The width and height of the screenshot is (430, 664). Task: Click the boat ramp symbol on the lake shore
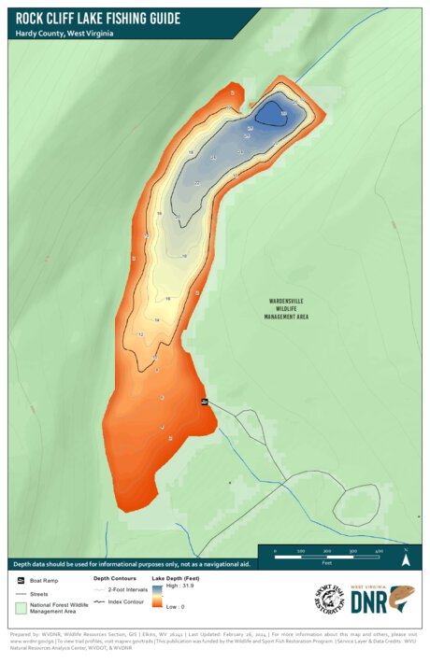(205, 401)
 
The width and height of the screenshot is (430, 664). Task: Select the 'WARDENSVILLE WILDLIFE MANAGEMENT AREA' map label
(286, 309)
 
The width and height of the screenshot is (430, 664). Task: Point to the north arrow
(406, 558)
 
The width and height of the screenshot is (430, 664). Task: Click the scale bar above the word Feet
(327, 553)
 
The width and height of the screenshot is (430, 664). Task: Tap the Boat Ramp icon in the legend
(21, 581)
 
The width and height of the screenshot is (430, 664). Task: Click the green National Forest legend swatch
(21, 609)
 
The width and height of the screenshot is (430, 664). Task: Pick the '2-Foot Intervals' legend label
(129, 590)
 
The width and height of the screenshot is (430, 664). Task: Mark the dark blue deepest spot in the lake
(272, 114)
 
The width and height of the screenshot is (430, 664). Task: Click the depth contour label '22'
(197, 183)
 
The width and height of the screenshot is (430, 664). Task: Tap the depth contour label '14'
(157, 320)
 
